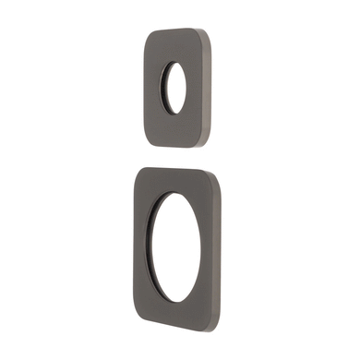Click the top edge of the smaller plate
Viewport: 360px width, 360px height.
click(181, 31)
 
